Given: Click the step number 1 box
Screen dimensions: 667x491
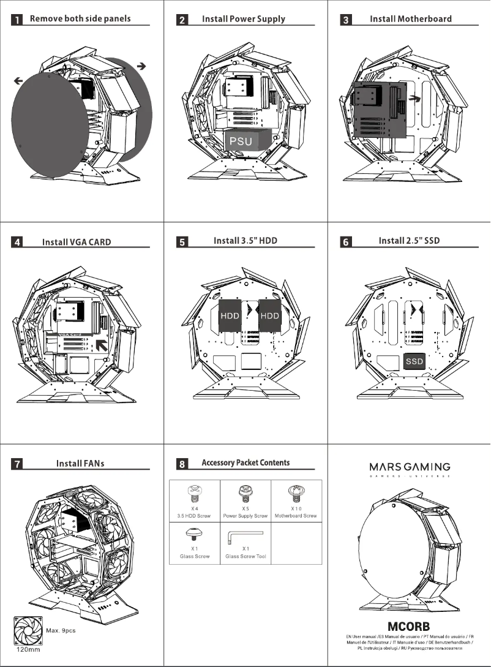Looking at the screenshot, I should tap(18, 20).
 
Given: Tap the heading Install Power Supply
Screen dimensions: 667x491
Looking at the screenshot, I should tap(243, 19).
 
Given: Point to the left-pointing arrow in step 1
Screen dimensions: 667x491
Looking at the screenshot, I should tap(18, 80).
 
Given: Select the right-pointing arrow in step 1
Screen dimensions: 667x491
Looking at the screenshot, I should tap(141, 65).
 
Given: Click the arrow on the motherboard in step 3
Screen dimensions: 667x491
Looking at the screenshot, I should tap(415, 97).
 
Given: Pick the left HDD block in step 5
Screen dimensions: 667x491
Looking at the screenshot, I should tap(229, 316).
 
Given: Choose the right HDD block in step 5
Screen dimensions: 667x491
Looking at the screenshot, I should tap(269, 316).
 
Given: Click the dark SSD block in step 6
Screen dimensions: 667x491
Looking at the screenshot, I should tap(414, 361).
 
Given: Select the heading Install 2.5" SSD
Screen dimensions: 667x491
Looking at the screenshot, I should tap(409, 241).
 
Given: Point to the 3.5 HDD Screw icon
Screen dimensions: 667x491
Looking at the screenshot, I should tap(195, 491).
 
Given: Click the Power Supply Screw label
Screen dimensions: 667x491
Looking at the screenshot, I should tap(245, 516).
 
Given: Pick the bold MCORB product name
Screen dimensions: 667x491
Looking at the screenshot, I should tap(408, 627).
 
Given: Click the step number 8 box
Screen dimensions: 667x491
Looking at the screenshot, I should tap(182, 464).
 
